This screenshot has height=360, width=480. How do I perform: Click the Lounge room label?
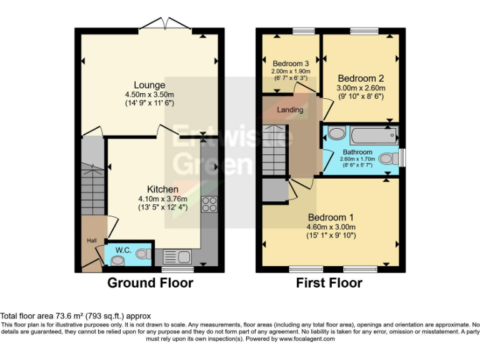pyautogui.click(x=149, y=85)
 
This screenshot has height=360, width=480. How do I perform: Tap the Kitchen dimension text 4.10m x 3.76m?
pyautogui.click(x=162, y=199)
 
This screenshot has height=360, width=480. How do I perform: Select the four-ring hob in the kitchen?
pyautogui.click(x=209, y=204)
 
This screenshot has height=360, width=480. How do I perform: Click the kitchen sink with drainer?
pyautogui.click(x=177, y=256)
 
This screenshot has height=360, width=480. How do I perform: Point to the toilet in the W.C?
pyautogui.click(x=144, y=254)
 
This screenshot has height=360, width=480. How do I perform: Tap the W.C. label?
pyautogui.click(x=123, y=250)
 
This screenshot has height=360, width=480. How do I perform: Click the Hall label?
pyautogui.click(x=91, y=241)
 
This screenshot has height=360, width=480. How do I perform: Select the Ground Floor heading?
pyautogui.click(x=150, y=283)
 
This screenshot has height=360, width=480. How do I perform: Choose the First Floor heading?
pyautogui.click(x=329, y=283)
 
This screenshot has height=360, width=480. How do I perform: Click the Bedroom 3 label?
pyautogui.click(x=291, y=64)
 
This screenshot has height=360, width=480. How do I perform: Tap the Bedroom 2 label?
pyautogui.click(x=361, y=78)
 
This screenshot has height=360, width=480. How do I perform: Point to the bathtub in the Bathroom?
pyautogui.click(x=374, y=135)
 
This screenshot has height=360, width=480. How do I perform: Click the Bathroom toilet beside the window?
pyautogui.click(x=389, y=159)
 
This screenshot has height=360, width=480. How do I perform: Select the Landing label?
pyautogui.click(x=290, y=109)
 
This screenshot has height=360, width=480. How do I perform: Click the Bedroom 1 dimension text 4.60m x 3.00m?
pyautogui.click(x=331, y=227)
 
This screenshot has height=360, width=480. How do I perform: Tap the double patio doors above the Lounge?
pyautogui.click(x=165, y=24)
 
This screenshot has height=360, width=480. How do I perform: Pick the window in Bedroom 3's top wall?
pyautogui.click(x=304, y=31)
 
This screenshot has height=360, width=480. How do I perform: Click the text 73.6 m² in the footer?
pyautogui.click(x=69, y=316)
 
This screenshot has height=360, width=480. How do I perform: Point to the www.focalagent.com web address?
pyautogui.click(x=307, y=339)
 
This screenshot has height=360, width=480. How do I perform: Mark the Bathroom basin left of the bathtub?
pyautogui.click(x=337, y=134)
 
